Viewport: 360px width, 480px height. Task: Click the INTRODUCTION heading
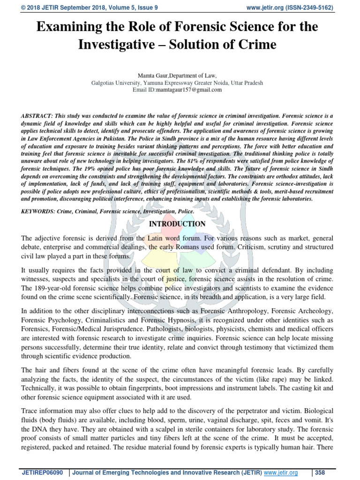pyautogui.click(x=177, y=224)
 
